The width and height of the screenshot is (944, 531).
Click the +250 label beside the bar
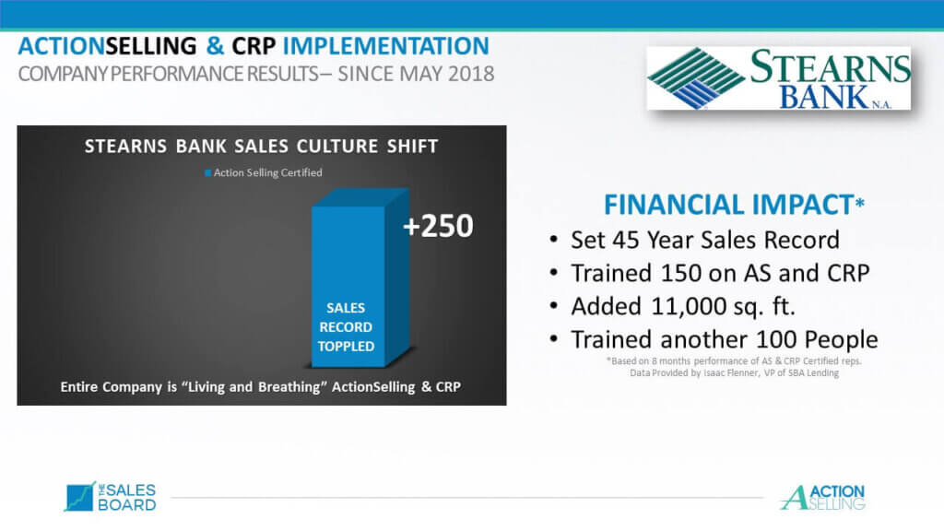point(438,227)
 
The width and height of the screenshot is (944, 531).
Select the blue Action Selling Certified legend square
point(207,173)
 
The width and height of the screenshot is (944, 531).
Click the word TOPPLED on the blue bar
point(347,347)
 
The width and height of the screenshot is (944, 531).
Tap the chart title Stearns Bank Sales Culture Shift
point(261,147)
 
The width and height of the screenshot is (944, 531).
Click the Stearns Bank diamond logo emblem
point(696,78)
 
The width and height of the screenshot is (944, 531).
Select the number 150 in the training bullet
point(680,273)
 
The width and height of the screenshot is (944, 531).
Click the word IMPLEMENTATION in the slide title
point(386,46)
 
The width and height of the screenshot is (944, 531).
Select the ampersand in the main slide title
point(215,46)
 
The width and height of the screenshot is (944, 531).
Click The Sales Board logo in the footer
point(111,497)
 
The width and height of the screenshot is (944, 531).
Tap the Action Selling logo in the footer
point(822,498)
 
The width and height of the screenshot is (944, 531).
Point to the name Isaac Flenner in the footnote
point(731,373)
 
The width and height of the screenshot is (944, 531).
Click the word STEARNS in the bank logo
point(831,66)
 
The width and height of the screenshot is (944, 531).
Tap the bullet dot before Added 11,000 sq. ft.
point(554,306)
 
